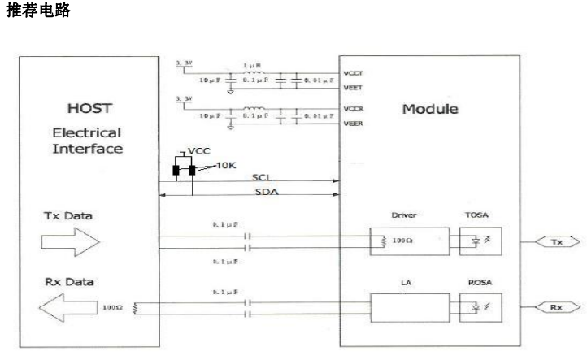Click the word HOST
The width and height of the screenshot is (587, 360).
pos(87,109)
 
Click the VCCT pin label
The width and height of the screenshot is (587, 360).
pos(354,72)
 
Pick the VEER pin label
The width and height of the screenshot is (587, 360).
pos(354,124)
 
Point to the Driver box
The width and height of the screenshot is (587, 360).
pos(407,241)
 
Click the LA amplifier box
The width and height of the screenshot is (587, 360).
pos(407,309)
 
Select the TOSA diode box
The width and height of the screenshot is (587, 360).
pos(477,241)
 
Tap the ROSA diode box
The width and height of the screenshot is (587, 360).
pos(477,309)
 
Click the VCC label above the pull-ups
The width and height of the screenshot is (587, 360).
pos(198,150)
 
